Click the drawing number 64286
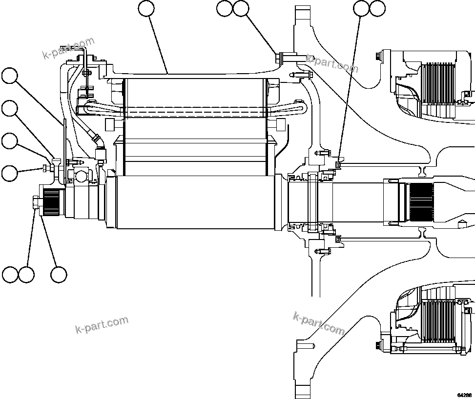(x=464, y=395)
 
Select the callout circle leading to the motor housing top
(x=146, y=8)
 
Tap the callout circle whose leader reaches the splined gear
(x=59, y=275)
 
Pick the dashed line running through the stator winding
(x=195, y=111)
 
